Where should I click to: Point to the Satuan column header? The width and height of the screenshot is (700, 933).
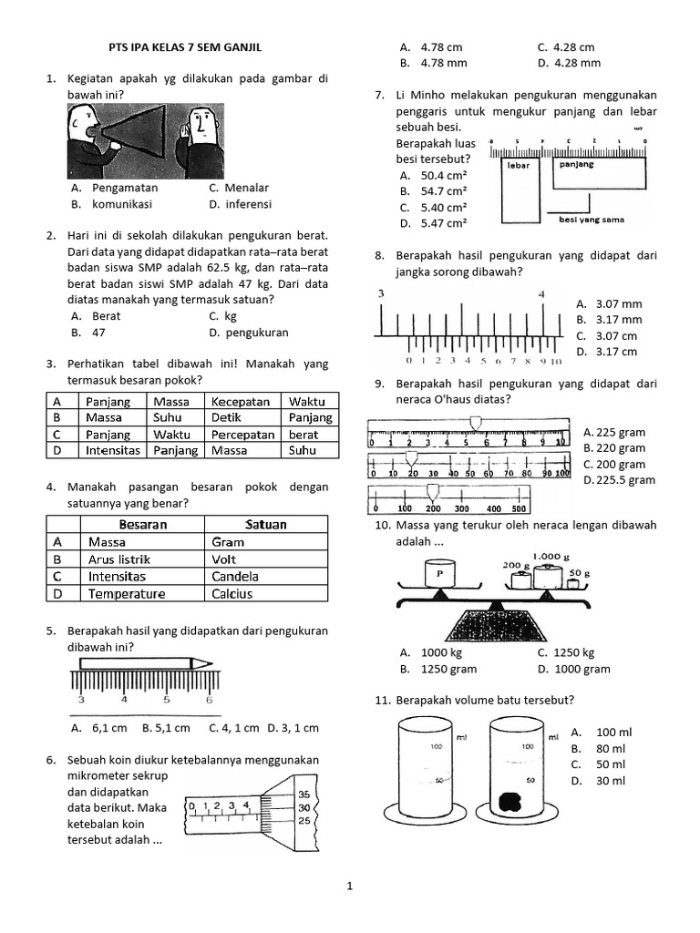coord(265,525)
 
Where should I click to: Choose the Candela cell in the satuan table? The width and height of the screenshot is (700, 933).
coord(235,577)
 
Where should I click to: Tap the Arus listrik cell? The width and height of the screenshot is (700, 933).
coord(119,559)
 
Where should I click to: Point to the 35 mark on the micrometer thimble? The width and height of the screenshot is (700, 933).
coord(305,795)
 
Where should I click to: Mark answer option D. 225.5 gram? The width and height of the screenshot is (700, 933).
coord(619,480)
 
